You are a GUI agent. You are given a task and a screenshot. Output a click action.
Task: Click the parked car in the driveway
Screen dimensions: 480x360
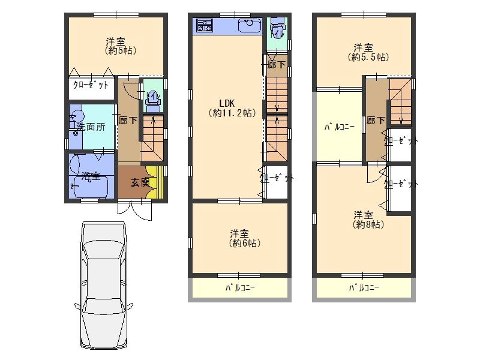click(104, 286)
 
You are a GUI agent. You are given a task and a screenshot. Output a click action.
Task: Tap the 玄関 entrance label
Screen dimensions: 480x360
click(140, 183)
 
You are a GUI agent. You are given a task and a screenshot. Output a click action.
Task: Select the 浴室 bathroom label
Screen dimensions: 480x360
click(91, 176)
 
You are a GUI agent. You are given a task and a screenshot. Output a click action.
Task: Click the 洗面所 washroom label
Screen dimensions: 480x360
click(91, 127)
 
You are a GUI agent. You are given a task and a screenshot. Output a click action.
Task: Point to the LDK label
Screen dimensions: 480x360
click(227, 103)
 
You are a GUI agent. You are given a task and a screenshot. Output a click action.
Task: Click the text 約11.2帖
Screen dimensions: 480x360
click(232, 113)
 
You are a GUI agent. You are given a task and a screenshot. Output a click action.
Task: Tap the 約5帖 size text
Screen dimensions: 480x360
click(121, 50)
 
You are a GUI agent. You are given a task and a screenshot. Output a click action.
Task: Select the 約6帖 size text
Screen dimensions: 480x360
click(245, 244)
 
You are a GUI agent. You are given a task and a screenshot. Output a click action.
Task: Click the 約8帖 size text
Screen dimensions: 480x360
click(368, 224)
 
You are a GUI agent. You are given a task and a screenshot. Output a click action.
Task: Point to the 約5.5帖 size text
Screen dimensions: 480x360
click(368, 57)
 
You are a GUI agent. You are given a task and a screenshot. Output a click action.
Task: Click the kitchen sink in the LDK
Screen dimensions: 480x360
click(250, 25)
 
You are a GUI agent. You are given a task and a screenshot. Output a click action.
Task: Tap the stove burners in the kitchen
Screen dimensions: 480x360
click(205, 25)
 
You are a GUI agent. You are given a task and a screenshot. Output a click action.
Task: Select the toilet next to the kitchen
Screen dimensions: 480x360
click(278, 28)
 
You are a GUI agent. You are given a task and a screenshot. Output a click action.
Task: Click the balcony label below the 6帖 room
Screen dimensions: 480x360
click(240, 288)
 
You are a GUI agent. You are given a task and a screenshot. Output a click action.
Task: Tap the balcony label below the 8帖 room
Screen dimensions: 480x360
click(364, 288)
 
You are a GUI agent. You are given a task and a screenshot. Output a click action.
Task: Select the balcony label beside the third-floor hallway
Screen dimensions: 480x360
click(339, 127)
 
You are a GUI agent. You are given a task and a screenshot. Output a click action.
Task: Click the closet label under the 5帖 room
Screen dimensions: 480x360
click(91, 85)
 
